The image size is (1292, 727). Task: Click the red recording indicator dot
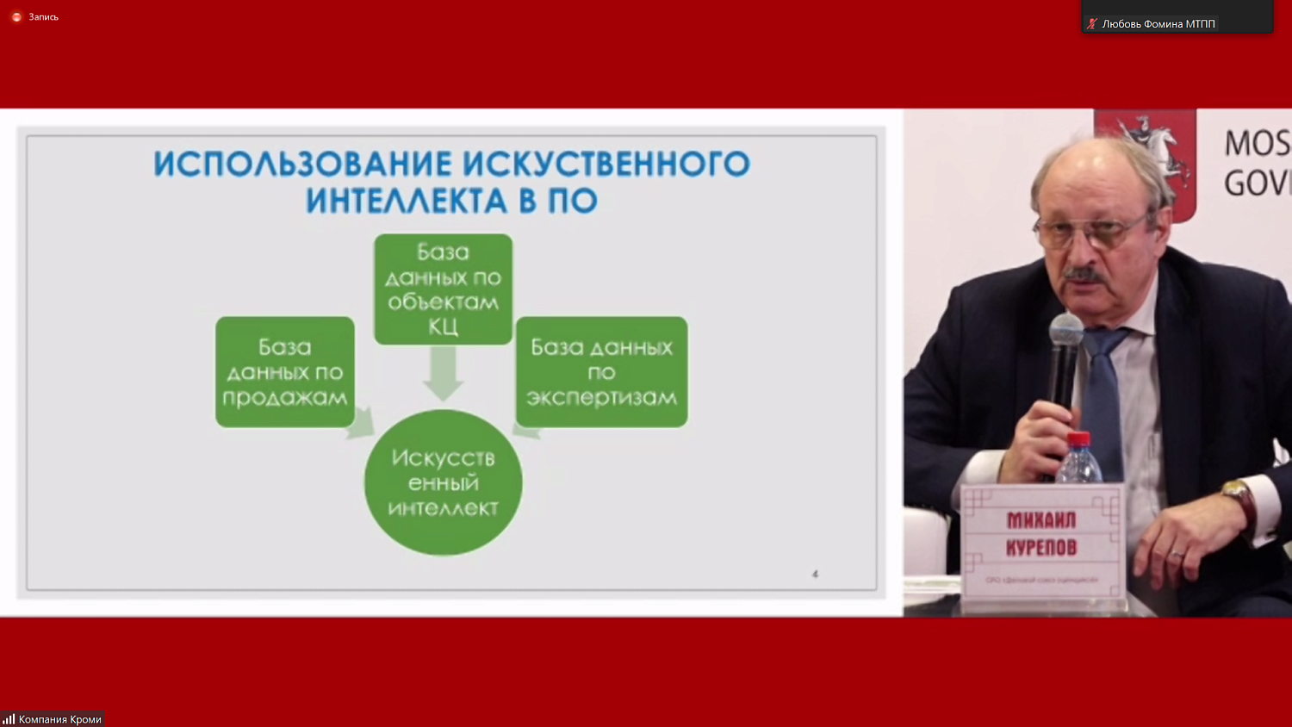tap(16, 17)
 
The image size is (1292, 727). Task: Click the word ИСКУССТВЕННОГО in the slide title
tap(606, 164)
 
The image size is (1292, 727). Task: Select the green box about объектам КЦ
tap(443, 289)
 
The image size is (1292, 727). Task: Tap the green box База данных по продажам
tap(285, 371)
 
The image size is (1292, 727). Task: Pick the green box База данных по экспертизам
tap(601, 371)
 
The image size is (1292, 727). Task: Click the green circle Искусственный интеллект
tap(443, 482)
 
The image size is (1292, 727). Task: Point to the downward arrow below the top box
tap(443, 373)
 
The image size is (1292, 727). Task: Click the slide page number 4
tap(815, 574)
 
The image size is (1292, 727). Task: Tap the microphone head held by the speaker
tap(1066, 330)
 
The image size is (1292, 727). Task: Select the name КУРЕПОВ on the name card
tap(1041, 547)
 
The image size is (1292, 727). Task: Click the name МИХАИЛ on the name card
tap(1041, 520)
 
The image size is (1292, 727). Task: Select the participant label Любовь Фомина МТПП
tap(1158, 24)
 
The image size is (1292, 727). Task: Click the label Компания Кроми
tap(59, 719)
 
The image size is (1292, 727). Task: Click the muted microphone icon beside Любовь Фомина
tap(1092, 24)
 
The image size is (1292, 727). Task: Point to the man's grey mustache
tap(1084, 275)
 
